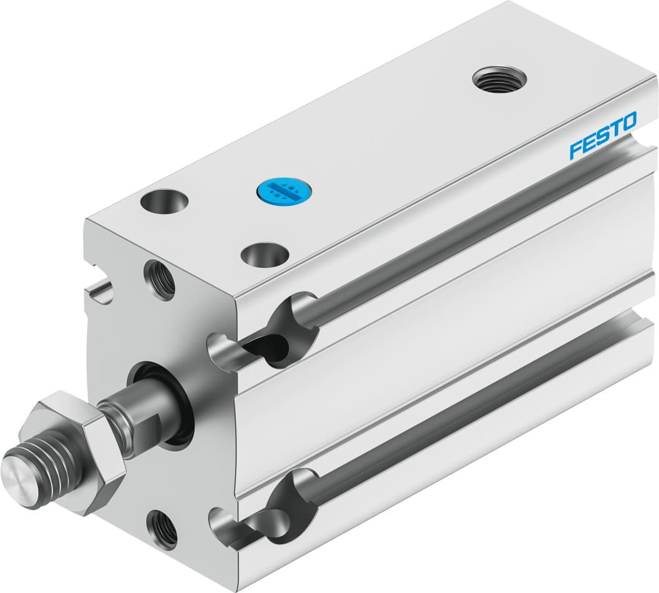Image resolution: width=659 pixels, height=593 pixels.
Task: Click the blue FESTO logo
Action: pyautogui.click(x=603, y=135)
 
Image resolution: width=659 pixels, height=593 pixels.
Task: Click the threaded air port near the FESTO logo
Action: pyautogui.click(x=499, y=79)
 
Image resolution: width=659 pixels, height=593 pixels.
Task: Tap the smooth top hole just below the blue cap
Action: pyautogui.click(x=264, y=255)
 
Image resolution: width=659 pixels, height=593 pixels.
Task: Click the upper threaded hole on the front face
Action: pyautogui.click(x=159, y=280)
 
